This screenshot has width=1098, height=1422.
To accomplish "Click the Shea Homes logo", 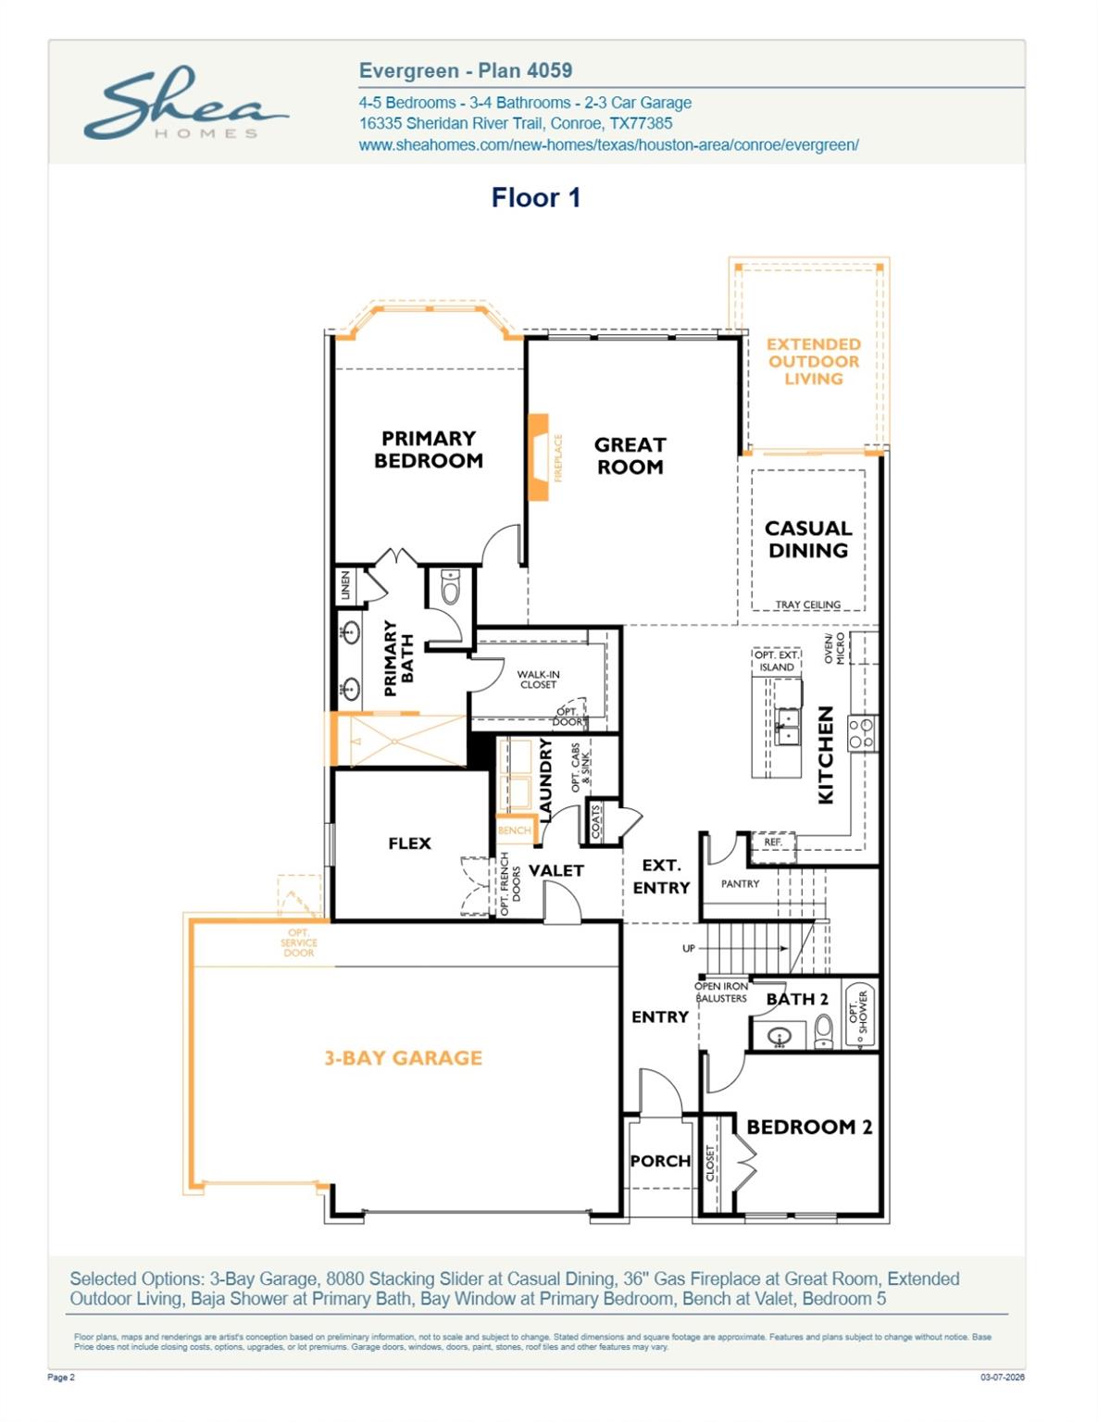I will point(185,104).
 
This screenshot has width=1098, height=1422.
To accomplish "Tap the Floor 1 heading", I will point(535,197).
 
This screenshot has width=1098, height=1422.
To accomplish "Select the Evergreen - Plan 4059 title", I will point(465,70).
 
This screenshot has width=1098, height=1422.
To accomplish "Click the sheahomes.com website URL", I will point(608,144).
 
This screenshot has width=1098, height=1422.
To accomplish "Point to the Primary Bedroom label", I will point(428,449).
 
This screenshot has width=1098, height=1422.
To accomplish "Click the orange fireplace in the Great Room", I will point(538,457).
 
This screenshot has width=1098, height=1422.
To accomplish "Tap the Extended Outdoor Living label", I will point(813,361).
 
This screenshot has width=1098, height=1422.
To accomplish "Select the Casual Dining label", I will point(807,539).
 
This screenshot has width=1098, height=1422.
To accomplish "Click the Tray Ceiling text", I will point(807,605).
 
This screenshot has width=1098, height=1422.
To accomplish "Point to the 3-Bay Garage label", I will point(403,1057).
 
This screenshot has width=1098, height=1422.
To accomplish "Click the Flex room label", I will point(409,842).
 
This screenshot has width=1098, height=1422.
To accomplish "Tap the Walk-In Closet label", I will point(538,680).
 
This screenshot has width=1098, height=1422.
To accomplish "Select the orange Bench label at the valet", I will point(515,830).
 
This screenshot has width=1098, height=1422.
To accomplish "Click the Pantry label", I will point(740,883).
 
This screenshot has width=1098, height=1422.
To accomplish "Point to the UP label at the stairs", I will point(688,948).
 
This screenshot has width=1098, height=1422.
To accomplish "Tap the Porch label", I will point(660,1161).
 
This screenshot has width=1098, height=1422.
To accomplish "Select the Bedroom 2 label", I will point(808,1127).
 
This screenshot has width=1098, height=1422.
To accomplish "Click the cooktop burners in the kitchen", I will point(862,733).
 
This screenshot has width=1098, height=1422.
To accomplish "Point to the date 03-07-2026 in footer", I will point(1003,1378).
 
